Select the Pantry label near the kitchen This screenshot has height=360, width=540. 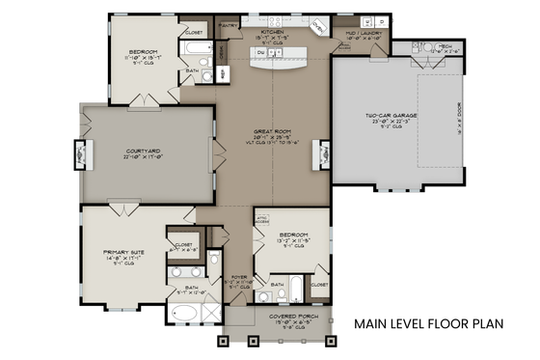click(x=229, y=25)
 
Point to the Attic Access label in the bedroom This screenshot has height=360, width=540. click(x=260, y=219)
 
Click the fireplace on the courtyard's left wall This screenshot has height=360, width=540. click(x=81, y=152)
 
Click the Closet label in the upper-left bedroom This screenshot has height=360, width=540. click(x=194, y=34)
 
